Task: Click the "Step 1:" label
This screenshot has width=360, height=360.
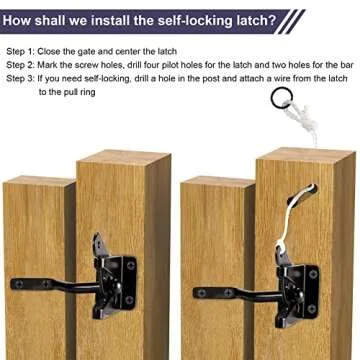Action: (x=22, y=49)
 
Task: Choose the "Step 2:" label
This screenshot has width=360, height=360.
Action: (x=22, y=63)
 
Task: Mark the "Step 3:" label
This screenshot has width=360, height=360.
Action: (x=22, y=77)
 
